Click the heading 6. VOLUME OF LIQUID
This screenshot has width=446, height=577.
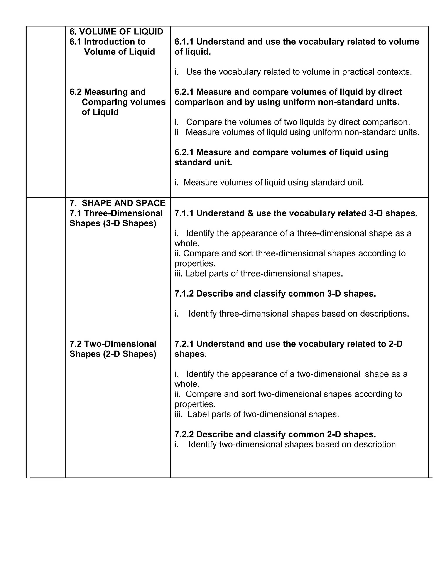(116, 32)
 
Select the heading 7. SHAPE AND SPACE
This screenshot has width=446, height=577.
(118, 203)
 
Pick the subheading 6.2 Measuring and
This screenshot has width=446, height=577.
(108, 92)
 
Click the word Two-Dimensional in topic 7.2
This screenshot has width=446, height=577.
(120, 344)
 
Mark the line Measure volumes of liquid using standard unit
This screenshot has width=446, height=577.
(269, 182)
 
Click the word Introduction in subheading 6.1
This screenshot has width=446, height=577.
(115, 42)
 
